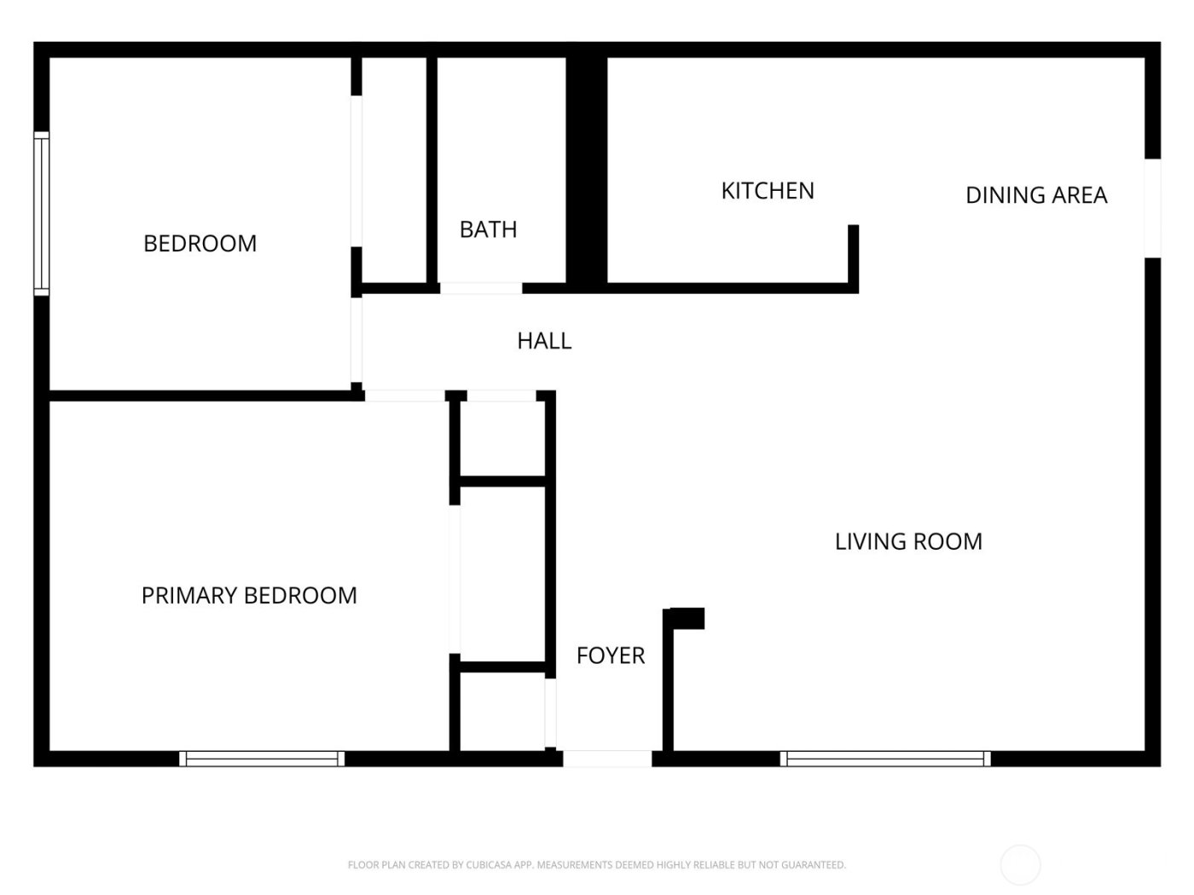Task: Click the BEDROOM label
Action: pos(200,244)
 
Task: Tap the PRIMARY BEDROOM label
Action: pos(249,596)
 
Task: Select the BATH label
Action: pos(488,229)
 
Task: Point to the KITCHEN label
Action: pos(768,191)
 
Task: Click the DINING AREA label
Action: pos(1036,195)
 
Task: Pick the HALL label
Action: pos(544,341)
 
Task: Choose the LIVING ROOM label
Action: pos(908,542)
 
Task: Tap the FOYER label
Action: pos(611,655)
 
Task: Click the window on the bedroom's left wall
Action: pos(42,214)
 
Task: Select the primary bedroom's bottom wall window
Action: pos(262,759)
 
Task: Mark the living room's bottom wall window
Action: pos(885,759)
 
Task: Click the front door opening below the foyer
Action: pos(607,759)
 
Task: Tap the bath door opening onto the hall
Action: pos(481,289)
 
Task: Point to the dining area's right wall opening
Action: pos(1153,208)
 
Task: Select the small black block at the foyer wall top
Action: pos(687,619)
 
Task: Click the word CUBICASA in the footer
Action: pos(484,864)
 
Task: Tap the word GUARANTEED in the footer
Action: pos(814,864)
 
